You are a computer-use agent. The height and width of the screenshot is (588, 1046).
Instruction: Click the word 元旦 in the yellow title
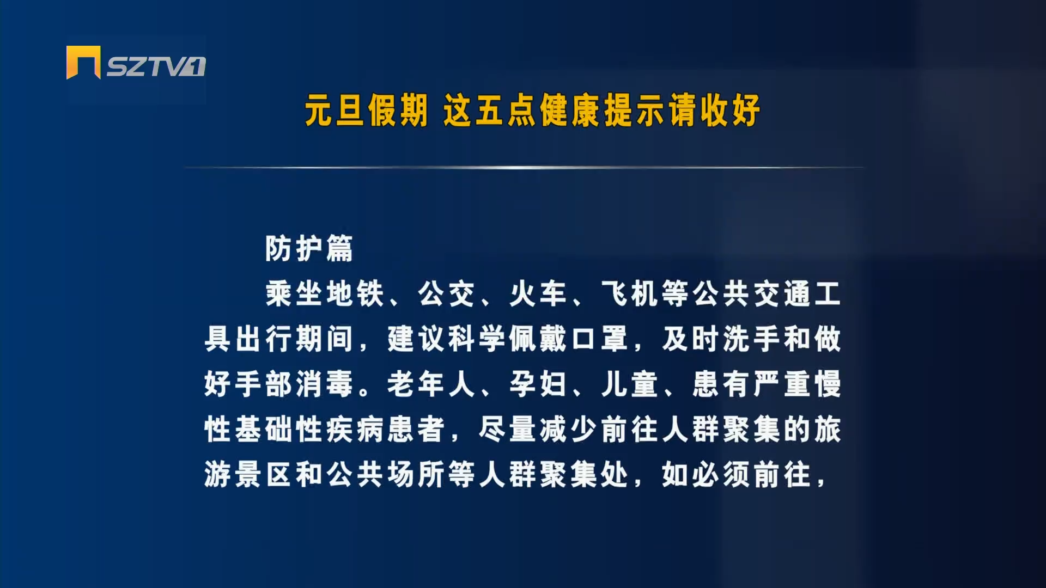point(334,110)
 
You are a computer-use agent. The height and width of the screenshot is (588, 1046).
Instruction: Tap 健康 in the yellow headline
point(569,110)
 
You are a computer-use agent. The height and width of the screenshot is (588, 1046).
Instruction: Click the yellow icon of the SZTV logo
point(83,63)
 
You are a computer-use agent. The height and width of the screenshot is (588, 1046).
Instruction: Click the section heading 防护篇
point(309,249)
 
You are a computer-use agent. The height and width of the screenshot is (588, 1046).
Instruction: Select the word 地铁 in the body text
point(356,294)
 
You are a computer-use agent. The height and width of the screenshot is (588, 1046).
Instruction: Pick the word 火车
point(539,294)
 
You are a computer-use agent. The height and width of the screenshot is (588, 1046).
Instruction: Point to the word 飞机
point(630,294)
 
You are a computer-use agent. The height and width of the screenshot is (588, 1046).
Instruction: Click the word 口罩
point(600,339)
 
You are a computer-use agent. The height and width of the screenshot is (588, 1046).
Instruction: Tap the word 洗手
point(752,339)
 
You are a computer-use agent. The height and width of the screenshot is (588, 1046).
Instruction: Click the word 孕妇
point(539,384)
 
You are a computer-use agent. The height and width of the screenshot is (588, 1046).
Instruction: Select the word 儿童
point(630,384)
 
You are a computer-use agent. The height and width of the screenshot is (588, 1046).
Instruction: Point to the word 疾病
point(356,430)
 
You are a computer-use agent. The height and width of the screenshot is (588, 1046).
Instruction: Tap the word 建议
point(417,339)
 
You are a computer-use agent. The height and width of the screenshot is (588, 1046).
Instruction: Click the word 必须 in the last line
point(722,475)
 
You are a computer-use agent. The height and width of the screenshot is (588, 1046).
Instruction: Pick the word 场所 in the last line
point(417,475)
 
